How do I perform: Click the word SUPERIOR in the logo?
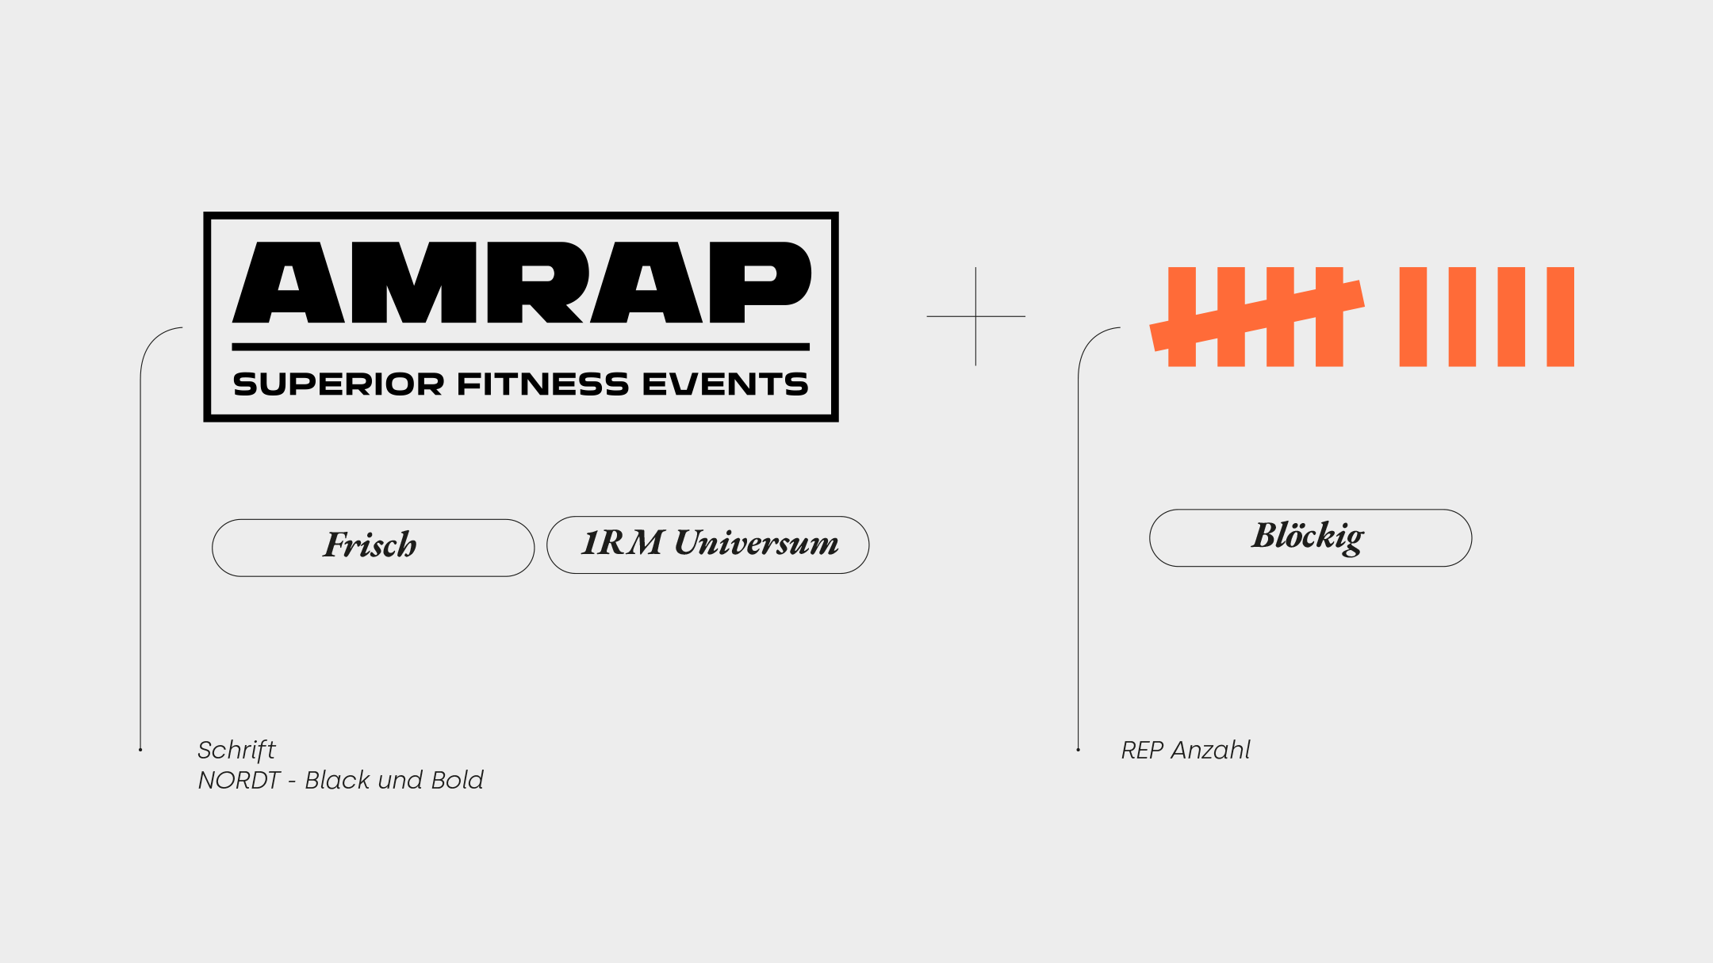[x=338, y=384]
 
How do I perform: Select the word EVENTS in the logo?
[x=726, y=384]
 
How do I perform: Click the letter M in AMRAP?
[x=414, y=282]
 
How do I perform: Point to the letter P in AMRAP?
[x=761, y=282]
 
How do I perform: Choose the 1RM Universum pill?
[x=708, y=545]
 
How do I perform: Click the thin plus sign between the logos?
[x=975, y=316]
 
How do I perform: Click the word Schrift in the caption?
[x=236, y=750]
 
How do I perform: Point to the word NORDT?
[x=239, y=780]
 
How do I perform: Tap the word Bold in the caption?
[x=457, y=780]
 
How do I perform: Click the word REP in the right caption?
[x=1142, y=750]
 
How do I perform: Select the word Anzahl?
[x=1210, y=750]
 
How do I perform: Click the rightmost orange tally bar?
[x=1560, y=316]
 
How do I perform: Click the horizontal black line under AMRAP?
[x=520, y=347]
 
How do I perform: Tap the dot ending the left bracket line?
[x=140, y=749]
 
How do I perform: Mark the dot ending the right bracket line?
[x=1078, y=749]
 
